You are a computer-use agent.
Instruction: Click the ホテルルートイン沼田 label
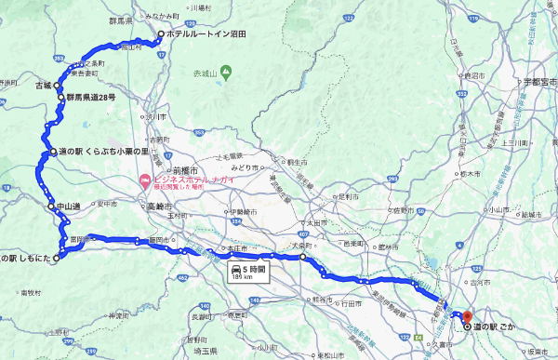point(206,34)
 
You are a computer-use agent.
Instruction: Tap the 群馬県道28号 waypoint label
point(90,97)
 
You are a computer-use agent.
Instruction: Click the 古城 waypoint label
point(44,85)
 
